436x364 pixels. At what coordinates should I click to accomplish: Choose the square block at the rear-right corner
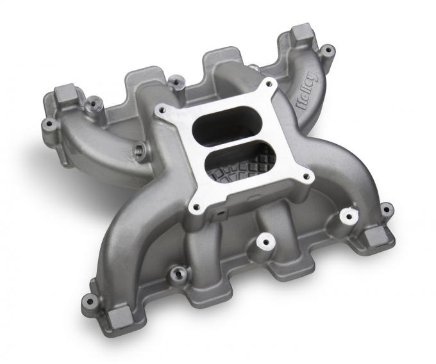click(301, 35)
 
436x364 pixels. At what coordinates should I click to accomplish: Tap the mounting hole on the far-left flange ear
click(47, 122)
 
